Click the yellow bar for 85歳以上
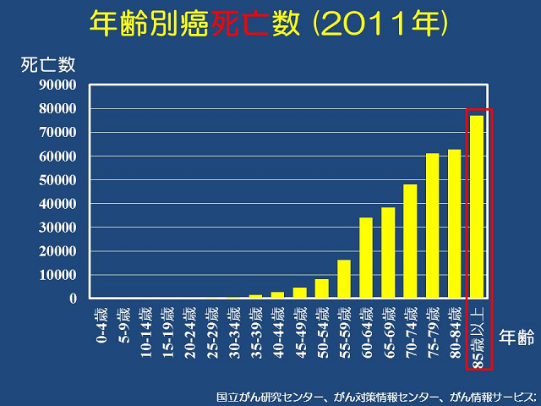(x=477, y=206)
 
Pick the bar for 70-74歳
(x=411, y=241)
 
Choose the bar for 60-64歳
(x=366, y=258)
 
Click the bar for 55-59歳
(x=344, y=279)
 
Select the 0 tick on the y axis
(x=73, y=299)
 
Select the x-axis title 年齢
(x=516, y=337)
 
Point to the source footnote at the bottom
(x=375, y=396)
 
